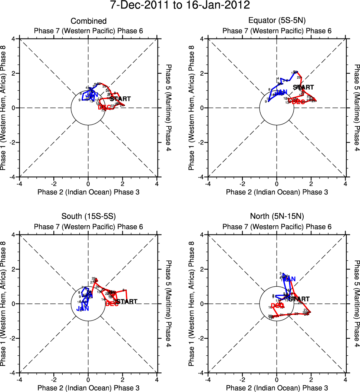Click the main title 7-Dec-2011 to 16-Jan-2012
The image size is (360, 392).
click(x=180, y=5)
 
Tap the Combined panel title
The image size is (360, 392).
click(x=88, y=21)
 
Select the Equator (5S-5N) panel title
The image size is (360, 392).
click(x=277, y=21)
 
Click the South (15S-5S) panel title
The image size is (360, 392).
click(x=88, y=217)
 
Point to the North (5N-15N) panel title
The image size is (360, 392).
click(x=277, y=217)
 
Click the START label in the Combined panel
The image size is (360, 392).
click(x=120, y=99)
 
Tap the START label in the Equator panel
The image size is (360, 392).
click(x=303, y=87)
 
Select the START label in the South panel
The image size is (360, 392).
click(x=126, y=302)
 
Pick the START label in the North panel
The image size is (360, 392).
click(x=299, y=299)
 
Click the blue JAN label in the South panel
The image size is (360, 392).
click(x=83, y=308)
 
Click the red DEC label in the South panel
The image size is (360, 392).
click(x=112, y=304)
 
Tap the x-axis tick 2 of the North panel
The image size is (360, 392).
click(x=311, y=380)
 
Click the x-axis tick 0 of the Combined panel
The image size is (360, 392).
click(x=88, y=184)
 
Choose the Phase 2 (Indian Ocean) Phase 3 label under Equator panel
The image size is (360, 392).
click(x=277, y=192)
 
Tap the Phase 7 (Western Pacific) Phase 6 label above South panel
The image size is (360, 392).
click(x=88, y=226)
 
